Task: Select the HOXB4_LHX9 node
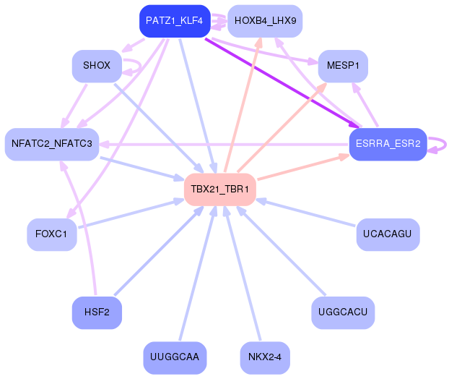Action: pos(265,21)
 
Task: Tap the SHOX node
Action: pos(97,66)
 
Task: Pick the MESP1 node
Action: pos(343,66)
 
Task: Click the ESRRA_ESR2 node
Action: pos(388,144)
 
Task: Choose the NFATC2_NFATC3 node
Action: pos(51,144)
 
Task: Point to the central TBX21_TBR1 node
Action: pos(219,189)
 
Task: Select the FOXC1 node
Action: pos(51,234)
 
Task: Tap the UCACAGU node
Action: pos(388,234)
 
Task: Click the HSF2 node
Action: pos(97,312)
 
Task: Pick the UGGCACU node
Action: pos(343,312)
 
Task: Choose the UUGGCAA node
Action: pos(175,357)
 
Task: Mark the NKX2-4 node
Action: pos(264,357)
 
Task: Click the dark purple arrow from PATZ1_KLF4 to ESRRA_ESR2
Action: pos(282,81)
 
